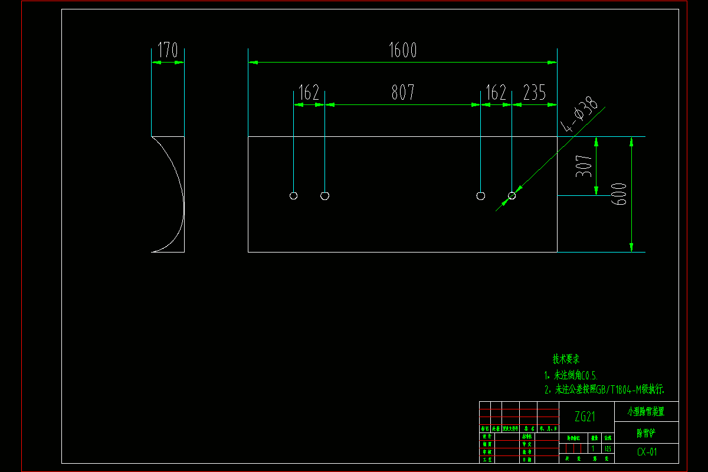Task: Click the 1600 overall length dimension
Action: pyautogui.click(x=402, y=51)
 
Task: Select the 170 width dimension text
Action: pyautogui.click(x=168, y=51)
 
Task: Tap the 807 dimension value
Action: pyautogui.click(x=402, y=93)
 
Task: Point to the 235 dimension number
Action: pyautogui.click(x=535, y=93)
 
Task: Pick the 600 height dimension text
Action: pyautogui.click(x=619, y=194)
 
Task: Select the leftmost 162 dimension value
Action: pyautogui.click(x=309, y=93)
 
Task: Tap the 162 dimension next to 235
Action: pyautogui.click(x=496, y=93)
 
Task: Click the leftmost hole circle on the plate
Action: pyautogui.click(x=294, y=196)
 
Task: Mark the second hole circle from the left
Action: pyautogui.click(x=324, y=196)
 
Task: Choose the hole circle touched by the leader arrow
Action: pyautogui.click(x=512, y=196)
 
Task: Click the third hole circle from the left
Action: pyautogui.click(x=481, y=196)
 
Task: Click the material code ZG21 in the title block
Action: pyautogui.click(x=585, y=417)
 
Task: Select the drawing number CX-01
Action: pyautogui.click(x=647, y=453)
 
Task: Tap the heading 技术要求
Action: pyautogui.click(x=566, y=359)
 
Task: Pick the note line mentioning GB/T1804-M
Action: pyautogui.click(x=605, y=389)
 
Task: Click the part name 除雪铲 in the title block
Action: pyautogui.click(x=646, y=433)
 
